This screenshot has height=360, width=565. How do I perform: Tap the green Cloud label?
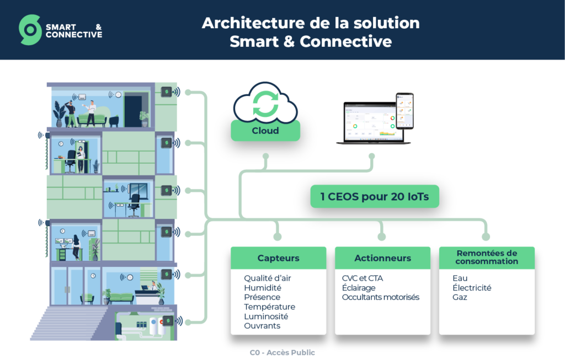pos(265,130)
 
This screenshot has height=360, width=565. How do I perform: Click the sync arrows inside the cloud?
pos(265,104)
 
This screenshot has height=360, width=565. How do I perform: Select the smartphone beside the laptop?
pos(404,111)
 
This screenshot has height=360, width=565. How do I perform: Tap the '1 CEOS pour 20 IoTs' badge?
pos(375,197)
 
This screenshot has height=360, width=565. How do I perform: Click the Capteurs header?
pos(279,258)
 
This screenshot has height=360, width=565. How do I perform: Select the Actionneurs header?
pos(383,258)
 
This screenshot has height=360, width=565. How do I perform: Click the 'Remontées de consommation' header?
pos(487,257)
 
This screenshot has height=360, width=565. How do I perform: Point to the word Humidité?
pos(263,288)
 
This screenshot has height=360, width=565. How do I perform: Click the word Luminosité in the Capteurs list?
pos(266,316)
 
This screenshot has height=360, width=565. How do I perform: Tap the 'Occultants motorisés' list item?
pos(381,297)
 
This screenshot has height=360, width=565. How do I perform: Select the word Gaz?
pos(460,297)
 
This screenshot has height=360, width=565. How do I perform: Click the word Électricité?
pos(472,288)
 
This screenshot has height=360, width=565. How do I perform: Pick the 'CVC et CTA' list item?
pos(363,278)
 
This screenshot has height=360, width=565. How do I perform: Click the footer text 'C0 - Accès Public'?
pos(282,352)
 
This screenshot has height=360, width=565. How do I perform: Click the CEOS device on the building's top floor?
pos(166,92)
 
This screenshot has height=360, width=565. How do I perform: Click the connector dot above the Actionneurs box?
pos(382,237)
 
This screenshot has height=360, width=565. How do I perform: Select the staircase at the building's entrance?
pos(68,323)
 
